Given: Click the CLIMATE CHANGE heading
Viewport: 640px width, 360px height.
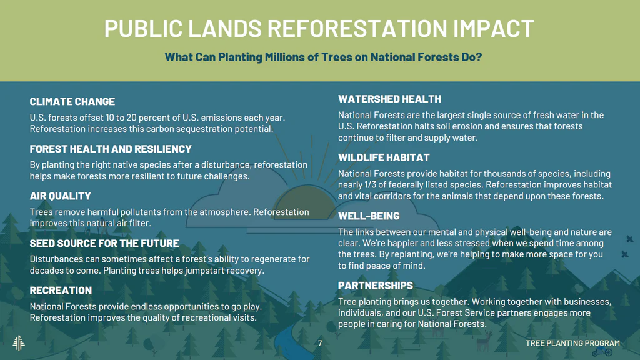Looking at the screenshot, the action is pyautogui.click(x=72, y=101).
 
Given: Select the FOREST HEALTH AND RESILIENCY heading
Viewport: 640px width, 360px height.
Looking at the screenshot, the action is pyautogui.click(x=111, y=149).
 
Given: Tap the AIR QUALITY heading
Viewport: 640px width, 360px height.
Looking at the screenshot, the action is pyautogui.click(x=61, y=196).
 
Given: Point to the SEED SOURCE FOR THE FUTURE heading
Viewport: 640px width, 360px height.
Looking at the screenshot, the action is pyautogui.click(x=104, y=243).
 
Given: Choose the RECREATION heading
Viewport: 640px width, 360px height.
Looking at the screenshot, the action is pyautogui.click(x=61, y=290).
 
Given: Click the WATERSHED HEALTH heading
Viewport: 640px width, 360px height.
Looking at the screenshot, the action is pyautogui.click(x=390, y=99).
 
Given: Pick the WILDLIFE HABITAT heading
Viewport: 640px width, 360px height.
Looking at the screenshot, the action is pyautogui.click(x=384, y=157).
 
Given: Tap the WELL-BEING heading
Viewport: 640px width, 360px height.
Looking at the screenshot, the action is pyautogui.click(x=369, y=216).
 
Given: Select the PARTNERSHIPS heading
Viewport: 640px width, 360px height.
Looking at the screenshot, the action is pyautogui.click(x=376, y=285).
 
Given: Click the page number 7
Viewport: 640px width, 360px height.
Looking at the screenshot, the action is pyautogui.click(x=320, y=343).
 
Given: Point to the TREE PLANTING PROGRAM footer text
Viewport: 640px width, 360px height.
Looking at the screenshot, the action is pyautogui.click(x=572, y=343).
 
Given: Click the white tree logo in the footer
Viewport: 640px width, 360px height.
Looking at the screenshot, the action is pyautogui.click(x=19, y=343).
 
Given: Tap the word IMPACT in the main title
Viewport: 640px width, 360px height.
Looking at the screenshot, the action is pyautogui.click(x=494, y=28).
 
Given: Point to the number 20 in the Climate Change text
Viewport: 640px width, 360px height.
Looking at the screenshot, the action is pyautogui.click(x=131, y=117).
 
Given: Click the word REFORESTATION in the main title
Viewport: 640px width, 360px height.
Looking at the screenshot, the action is pyautogui.click(x=357, y=28).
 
